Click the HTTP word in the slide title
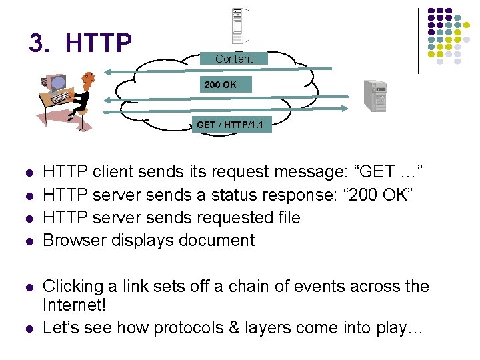tap(99, 43)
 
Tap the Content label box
tap(233, 59)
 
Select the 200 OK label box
tap(220, 85)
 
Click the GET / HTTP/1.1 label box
tap(229, 124)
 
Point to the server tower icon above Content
tap(238, 27)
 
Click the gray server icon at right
tap(375, 95)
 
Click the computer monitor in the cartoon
tap(56, 83)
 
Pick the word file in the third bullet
tap(287, 217)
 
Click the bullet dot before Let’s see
tap(29, 329)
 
